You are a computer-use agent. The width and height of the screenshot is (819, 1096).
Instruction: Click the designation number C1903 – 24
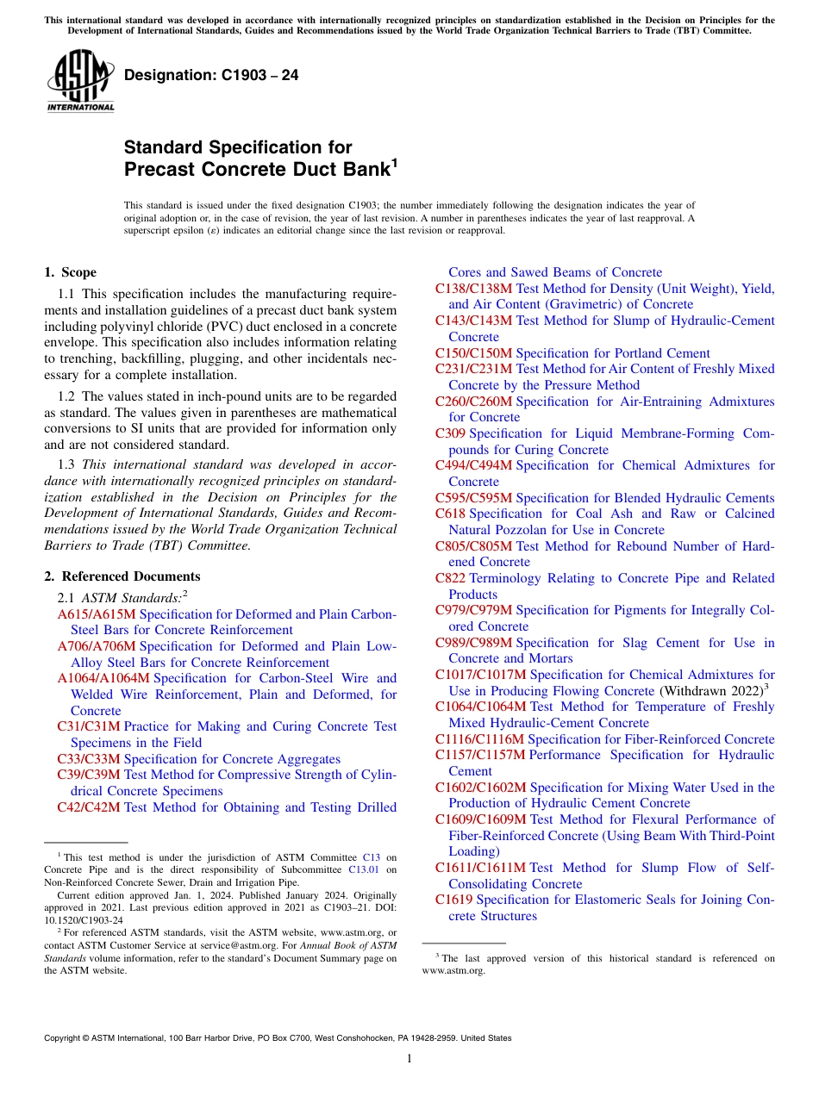[211, 75]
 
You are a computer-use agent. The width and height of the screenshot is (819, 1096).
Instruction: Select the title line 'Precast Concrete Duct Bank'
[258, 169]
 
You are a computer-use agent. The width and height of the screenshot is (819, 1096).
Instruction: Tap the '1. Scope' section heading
[70, 272]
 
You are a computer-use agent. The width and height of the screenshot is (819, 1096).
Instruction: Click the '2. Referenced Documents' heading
[122, 576]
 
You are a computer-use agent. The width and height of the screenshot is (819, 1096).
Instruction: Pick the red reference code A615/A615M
[97, 614]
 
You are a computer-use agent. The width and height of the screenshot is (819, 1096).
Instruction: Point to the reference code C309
[450, 433]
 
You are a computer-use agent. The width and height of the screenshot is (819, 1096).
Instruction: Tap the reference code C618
[450, 514]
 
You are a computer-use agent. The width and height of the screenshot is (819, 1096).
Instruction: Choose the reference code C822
[450, 578]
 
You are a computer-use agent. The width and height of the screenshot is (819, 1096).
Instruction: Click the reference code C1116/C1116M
[479, 739]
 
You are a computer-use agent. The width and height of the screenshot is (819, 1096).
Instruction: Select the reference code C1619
[453, 900]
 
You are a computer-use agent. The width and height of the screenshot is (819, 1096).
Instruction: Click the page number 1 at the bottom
[409, 1058]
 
